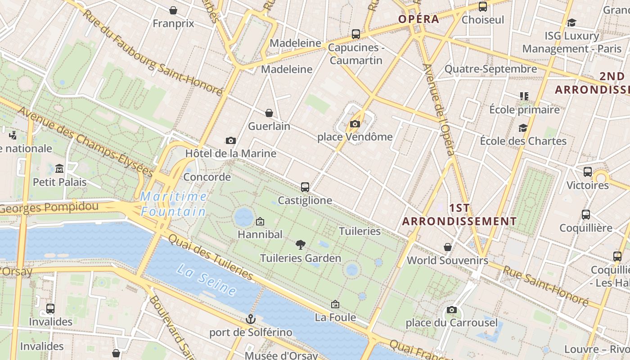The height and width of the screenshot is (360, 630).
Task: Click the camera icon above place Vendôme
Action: (x=355, y=124)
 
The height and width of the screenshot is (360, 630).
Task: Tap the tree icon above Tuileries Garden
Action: (x=301, y=245)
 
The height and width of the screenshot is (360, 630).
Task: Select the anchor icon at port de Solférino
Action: (x=251, y=319)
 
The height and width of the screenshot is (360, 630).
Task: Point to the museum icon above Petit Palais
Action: (x=59, y=169)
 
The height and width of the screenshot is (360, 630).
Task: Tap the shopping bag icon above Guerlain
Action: (x=269, y=113)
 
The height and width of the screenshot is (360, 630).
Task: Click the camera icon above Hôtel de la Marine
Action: (x=231, y=140)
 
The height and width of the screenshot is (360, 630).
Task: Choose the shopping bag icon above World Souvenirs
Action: (x=448, y=247)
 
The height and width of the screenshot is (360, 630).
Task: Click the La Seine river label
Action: (x=207, y=280)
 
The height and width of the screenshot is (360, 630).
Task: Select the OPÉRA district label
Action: (x=418, y=19)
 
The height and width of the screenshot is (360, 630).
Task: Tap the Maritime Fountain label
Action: (x=173, y=204)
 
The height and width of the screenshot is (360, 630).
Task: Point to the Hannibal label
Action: (x=260, y=234)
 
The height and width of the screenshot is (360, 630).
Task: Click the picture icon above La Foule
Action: (x=335, y=305)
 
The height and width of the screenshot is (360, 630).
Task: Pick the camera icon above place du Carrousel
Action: (x=452, y=310)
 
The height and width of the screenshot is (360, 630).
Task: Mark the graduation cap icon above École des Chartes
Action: (x=523, y=128)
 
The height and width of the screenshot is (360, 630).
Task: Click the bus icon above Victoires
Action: (x=588, y=172)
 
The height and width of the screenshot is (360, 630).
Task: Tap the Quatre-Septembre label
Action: (x=491, y=69)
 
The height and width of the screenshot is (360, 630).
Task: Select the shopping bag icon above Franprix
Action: (x=173, y=10)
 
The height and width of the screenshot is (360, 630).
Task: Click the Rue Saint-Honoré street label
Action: (x=545, y=286)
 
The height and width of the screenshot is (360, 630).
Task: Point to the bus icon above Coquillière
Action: (x=586, y=215)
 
